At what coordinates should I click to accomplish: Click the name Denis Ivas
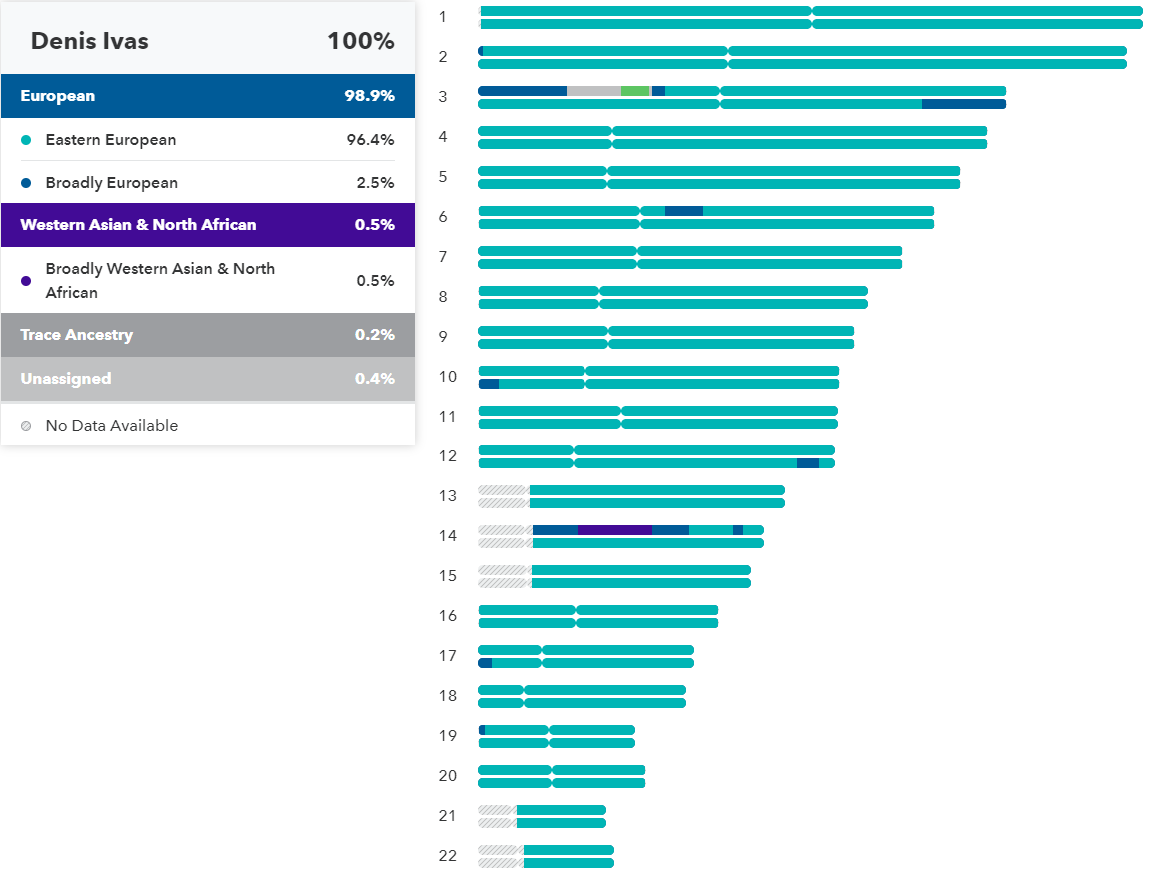pos(89,41)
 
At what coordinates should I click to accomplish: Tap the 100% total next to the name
pos(360,41)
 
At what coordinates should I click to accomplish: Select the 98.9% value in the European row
pos(370,96)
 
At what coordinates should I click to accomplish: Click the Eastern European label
pos(110,140)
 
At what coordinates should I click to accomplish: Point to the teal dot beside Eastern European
pos(26,140)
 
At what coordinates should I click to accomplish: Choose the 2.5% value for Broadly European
pos(375,183)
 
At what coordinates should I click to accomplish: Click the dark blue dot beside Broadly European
pos(26,183)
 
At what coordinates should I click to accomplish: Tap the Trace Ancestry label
pos(76,335)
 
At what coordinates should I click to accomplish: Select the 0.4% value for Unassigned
pos(374,379)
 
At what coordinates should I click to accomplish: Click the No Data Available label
pos(111,426)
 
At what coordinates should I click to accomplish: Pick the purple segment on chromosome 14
pos(614,530)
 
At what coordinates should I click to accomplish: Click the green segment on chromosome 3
pos(634,91)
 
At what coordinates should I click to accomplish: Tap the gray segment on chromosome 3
pos(593,91)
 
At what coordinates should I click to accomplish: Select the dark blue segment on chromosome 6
pos(684,211)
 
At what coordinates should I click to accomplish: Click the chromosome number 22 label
pos(447,856)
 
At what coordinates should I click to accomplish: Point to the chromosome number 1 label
pos(443,17)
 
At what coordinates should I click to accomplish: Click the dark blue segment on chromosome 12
pos(807,463)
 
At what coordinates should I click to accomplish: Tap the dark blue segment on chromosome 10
pos(489,384)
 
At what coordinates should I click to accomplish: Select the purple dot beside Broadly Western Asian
pos(26,281)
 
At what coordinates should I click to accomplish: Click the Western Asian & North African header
pos(138,225)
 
